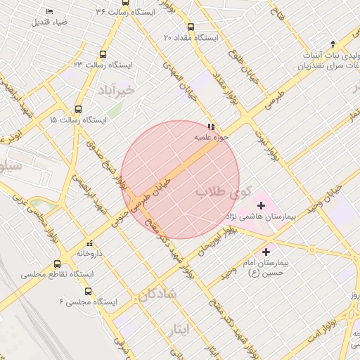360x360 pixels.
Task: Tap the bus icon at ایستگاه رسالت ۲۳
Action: [x=103, y=54]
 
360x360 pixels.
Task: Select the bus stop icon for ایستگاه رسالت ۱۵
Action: [x=78, y=109]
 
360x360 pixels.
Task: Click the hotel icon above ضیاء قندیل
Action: [x=49, y=12]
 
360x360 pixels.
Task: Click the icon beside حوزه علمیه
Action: [x=211, y=127]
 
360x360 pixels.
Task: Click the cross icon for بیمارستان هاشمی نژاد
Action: [x=262, y=206]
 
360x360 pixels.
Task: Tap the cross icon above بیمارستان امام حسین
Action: [x=266, y=251]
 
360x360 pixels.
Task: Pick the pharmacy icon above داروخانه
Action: [x=89, y=243]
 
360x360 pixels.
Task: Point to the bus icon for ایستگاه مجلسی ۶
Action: [x=87, y=291]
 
